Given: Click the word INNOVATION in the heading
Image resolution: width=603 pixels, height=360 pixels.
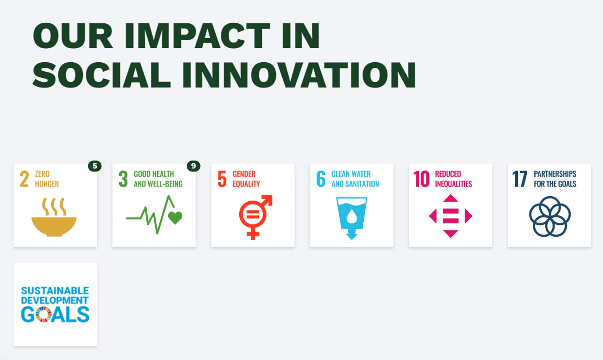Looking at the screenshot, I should coord(299,75).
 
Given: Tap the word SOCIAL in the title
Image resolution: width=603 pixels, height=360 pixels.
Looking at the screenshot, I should coord(102,75).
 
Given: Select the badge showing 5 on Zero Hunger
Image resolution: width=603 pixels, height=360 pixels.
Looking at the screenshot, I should coord(95,166).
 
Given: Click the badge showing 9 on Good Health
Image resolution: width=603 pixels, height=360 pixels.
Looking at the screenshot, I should coord(194,166).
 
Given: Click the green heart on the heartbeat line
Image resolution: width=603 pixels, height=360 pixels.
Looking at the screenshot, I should coord(175,217).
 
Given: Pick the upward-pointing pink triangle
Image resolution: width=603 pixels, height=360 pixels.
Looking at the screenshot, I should coord(451,198).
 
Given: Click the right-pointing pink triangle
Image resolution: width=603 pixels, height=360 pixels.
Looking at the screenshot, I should coord(468,216).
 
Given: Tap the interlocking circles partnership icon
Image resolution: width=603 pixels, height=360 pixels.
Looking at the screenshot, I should coord(550,216).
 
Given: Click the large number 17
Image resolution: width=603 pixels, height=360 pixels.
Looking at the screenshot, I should coord(520,179).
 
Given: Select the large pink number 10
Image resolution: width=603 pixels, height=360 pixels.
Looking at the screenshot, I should coord(421,179).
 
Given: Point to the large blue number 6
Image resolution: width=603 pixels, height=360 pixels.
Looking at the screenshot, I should coord(321,179).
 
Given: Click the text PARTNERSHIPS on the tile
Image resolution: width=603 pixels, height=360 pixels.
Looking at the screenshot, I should coord(555,174).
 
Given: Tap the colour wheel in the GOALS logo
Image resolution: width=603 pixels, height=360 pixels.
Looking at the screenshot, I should coord(43,314).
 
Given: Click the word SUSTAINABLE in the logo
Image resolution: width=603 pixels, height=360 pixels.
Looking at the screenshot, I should coord(55,291).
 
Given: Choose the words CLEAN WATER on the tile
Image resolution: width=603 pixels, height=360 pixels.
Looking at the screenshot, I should coord(351,174).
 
